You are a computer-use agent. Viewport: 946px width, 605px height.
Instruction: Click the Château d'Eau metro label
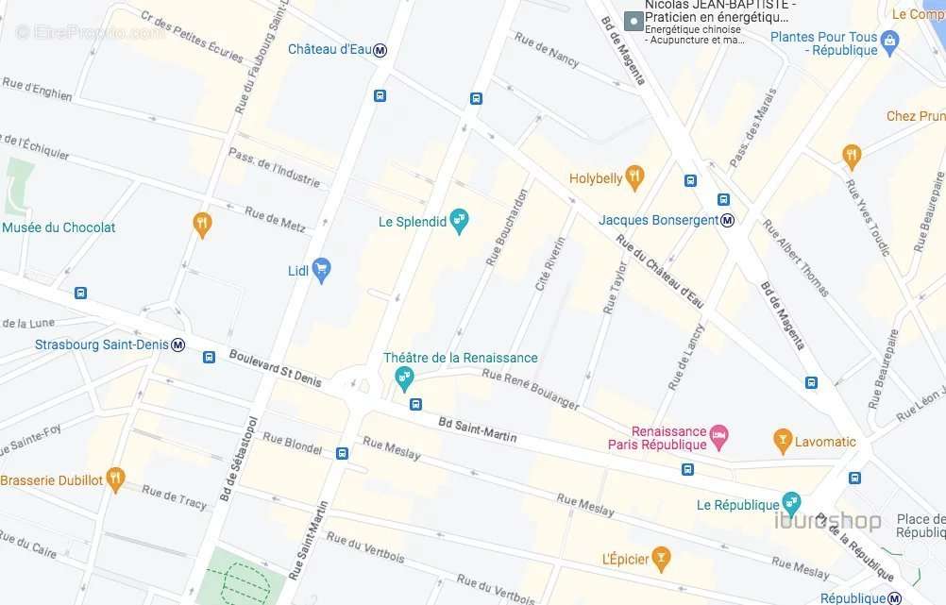coord(329,49)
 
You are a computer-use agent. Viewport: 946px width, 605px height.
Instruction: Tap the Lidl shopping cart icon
coord(321,270)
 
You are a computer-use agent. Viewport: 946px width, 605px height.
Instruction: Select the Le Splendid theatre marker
coord(459,222)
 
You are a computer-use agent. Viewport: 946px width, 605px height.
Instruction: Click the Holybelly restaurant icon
coord(634,176)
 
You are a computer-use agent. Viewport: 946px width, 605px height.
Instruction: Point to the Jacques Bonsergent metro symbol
coord(727,220)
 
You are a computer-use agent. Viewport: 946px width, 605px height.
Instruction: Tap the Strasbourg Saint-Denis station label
coord(101,345)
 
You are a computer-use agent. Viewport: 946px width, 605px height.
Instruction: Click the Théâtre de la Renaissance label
coord(460,358)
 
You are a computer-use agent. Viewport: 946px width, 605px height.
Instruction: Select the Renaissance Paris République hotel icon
coord(718,437)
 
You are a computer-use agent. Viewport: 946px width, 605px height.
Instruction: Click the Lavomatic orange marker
coord(782,441)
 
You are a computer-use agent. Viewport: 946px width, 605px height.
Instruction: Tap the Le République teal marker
coord(791,504)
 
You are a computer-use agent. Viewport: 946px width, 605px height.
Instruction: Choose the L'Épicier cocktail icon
coord(662,559)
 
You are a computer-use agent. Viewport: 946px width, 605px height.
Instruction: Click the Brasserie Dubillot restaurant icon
coord(115,479)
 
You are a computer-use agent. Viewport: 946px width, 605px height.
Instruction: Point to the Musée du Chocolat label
coord(59,227)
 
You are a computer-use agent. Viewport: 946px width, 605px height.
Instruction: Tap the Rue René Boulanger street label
coord(530,388)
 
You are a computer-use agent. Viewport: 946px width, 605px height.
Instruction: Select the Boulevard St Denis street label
coord(275,368)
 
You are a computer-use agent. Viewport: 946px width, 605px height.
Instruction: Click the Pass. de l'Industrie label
coord(274,166)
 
